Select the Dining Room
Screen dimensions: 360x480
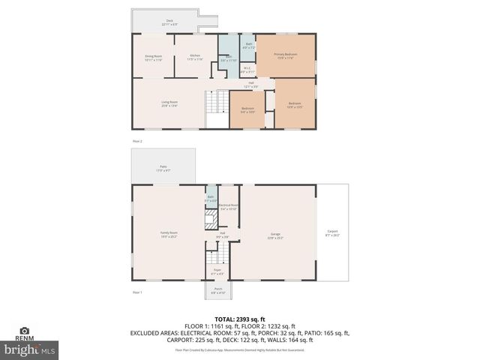[154, 58]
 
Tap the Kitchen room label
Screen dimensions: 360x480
[194, 58]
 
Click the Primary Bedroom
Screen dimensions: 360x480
[285, 55]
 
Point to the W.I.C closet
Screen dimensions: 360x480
[247, 70]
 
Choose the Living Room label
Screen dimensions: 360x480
[169, 104]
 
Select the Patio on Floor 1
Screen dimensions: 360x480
[163, 168]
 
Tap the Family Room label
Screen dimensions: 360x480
[168, 234]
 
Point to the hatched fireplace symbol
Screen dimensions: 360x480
[211, 219]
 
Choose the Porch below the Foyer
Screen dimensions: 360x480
[217, 290]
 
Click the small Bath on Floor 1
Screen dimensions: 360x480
[211, 199]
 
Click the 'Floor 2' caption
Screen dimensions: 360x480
[137, 141]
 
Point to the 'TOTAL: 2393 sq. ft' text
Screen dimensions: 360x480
[240, 319]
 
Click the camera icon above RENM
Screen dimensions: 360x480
[24, 330]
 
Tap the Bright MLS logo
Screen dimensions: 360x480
[30, 349]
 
